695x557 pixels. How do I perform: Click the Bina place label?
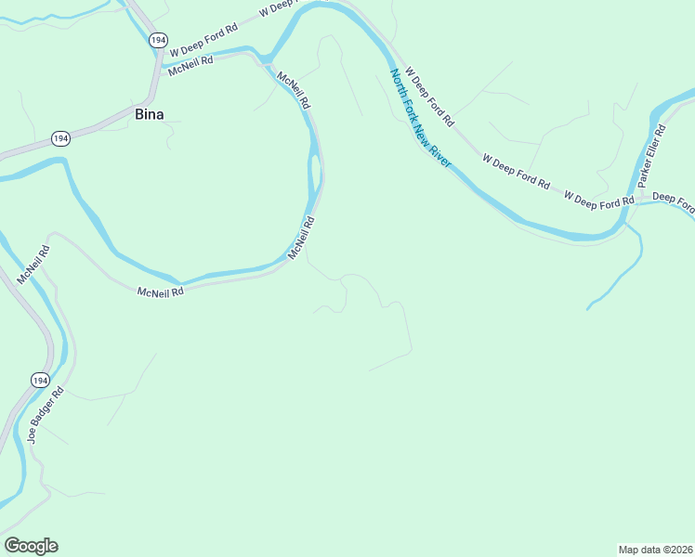click(150, 115)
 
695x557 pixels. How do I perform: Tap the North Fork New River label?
click(420, 117)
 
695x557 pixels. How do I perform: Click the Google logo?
click(31, 546)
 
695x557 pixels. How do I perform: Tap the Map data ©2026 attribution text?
click(655, 549)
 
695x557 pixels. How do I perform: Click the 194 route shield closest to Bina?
click(60, 138)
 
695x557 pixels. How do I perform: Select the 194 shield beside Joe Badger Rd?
click(39, 381)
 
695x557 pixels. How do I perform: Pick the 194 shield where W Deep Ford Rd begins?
click(158, 40)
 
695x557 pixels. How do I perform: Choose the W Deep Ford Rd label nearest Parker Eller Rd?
click(598, 199)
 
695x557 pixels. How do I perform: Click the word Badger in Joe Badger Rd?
click(46, 412)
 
